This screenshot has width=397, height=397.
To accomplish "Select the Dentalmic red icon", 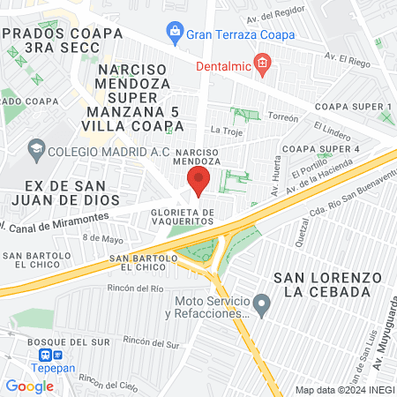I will click(x=261, y=62).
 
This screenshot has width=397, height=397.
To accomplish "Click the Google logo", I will click(x=29, y=386).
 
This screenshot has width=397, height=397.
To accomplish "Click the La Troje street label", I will click(x=227, y=131).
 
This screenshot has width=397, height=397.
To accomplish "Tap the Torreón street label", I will click(x=283, y=116).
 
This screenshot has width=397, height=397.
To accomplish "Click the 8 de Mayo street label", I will click(x=103, y=237).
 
